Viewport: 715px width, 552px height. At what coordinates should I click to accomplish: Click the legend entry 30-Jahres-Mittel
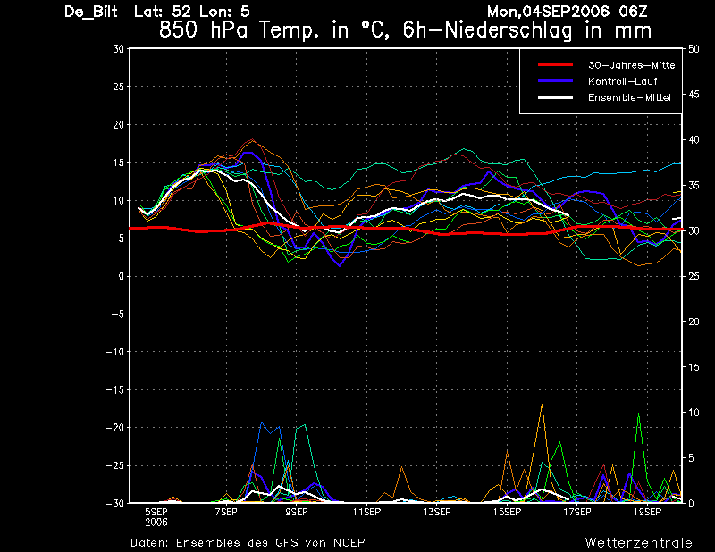coord(633,65)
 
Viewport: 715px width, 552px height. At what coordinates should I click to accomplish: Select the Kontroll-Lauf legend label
coord(622,81)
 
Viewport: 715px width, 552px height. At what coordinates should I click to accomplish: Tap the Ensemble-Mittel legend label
coord(629,97)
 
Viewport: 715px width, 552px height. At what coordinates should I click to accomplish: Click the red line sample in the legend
coord(555,65)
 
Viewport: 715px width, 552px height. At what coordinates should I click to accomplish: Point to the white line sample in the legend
coord(555,97)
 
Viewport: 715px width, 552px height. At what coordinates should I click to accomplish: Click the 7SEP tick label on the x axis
coord(226,512)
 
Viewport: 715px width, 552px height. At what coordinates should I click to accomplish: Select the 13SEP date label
coord(437,512)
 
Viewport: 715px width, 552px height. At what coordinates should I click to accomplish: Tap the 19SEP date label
coord(647,512)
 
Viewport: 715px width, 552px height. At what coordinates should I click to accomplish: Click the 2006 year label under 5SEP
coord(156,523)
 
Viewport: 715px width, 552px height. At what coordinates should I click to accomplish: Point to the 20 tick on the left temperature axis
coord(119,124)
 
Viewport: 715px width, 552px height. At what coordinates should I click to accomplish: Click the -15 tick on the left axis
coord(115,389)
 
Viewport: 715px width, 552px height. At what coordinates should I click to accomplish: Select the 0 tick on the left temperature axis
coord(122,276)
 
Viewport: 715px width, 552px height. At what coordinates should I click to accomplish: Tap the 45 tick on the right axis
coord(694,95)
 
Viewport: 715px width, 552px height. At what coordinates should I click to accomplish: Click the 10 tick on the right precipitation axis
coord(694,413)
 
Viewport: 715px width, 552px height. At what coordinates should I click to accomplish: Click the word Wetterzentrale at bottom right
coord(638,543)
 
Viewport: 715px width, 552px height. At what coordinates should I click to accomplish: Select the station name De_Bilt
coord(91,12)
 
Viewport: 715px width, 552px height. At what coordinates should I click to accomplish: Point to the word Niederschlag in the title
coord(508,30)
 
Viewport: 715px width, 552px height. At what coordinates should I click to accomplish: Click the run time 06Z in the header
coord(633,12)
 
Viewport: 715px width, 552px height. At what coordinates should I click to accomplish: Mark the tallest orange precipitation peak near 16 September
coord(542,405)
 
